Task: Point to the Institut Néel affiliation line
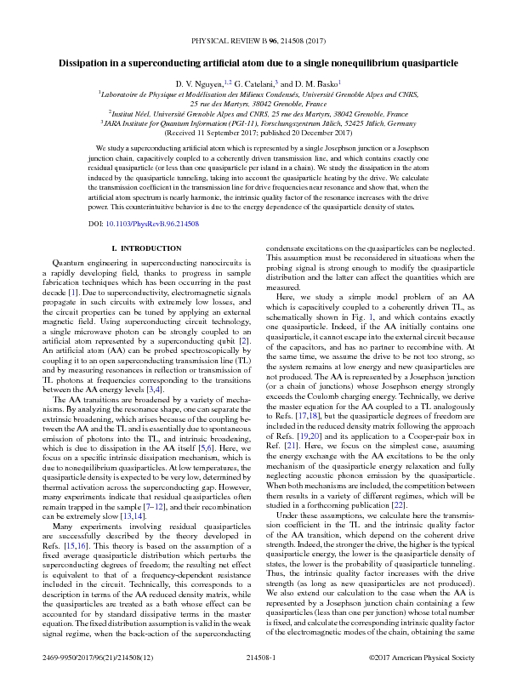click(258, 112)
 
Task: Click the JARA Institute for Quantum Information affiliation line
click(258, 122)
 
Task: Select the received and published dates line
click(258, 134)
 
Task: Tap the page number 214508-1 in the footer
click(258, 680)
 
